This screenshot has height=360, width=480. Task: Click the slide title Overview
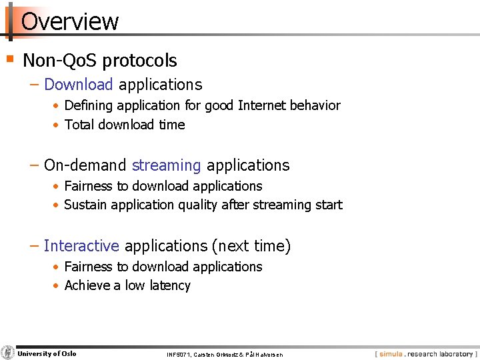pos(69,21)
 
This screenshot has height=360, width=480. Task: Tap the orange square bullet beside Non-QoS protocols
pos(10,59)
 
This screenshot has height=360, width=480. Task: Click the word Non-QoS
pos(60,60)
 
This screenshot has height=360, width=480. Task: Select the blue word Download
pos(79,84)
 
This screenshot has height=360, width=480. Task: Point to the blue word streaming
pos(166,165)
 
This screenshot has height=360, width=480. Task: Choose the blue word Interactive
pos(81,245)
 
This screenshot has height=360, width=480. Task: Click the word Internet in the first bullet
pos(261,105)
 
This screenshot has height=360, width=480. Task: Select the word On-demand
pos(85,165)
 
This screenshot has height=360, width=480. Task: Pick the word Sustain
pos(85,205)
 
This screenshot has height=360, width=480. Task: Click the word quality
pos(198,205)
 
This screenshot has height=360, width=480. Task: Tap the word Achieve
pos(87,285)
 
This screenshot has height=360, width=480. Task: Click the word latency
pos(170,285)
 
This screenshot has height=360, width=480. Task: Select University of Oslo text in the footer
pos(47,353)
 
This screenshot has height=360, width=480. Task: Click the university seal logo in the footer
pos(7,353)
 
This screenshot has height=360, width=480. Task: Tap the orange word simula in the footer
pos(391,354)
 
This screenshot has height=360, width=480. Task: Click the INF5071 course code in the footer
pos(179,355)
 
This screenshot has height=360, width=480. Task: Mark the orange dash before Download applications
pos(34,85)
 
